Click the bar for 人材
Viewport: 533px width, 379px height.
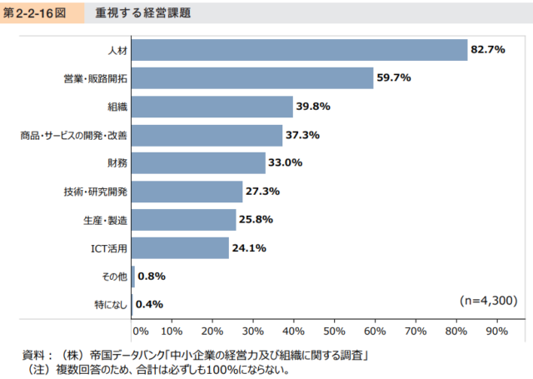300,50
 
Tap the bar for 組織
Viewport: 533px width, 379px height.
212,107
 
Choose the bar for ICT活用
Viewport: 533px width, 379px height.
180,248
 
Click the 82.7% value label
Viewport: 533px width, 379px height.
489,50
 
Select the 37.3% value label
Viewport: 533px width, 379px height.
303,135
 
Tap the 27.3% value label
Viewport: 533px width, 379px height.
262,192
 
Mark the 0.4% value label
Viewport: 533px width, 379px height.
149,304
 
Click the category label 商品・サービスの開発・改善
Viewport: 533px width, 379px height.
74,135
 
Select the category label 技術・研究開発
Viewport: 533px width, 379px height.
95,192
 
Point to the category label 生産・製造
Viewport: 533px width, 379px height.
107,220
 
